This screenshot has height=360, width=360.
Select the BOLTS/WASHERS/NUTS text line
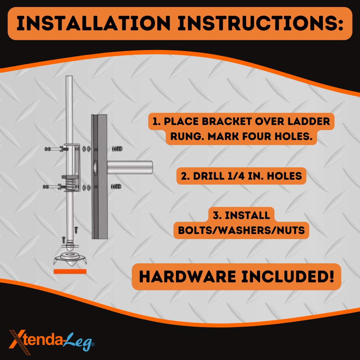241,230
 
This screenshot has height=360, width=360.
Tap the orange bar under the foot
70,271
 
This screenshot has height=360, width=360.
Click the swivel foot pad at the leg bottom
70,259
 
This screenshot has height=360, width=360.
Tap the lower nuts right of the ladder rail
117,186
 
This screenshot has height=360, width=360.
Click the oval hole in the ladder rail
95,167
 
